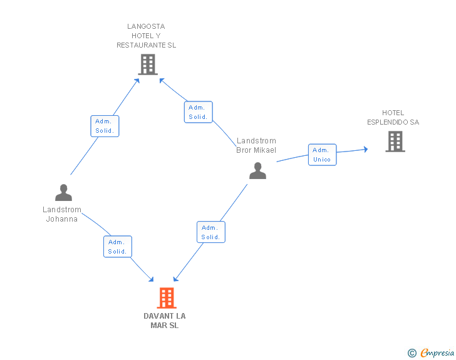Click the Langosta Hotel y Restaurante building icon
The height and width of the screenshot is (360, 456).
(x=147, y=64)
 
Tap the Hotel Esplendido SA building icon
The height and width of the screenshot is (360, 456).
(x=395, y=141)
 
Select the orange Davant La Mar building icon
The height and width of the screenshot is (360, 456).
(x=166, y=298)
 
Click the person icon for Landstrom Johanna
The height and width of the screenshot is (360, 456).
(x=63, y=192)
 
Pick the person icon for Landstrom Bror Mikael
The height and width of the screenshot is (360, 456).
(x=257, y=170)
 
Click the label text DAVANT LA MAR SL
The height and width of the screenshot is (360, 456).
(x=165, y=321)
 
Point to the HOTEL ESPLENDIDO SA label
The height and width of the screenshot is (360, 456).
(x=393, y=118)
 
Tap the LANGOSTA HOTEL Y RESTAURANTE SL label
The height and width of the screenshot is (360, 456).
(x=147, y=36)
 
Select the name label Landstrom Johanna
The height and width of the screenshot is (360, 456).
(x=62, y=215)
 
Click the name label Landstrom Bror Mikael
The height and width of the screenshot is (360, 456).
(x=256, y=145)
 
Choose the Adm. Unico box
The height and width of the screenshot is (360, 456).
(x=322, y=155)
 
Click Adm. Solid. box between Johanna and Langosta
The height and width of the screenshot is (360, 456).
(x=105, y=126)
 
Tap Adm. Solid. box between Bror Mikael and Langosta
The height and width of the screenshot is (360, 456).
(x=198, y=112)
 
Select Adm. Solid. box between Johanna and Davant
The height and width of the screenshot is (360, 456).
(x=117, y=247)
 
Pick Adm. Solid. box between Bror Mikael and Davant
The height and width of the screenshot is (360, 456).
(x=210, y=232)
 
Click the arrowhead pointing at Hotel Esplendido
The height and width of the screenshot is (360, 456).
(x=366, y=149)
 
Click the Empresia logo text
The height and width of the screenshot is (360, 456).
(x=437, y=353)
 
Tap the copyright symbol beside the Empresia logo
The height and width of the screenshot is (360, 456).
(x=412, y=354)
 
